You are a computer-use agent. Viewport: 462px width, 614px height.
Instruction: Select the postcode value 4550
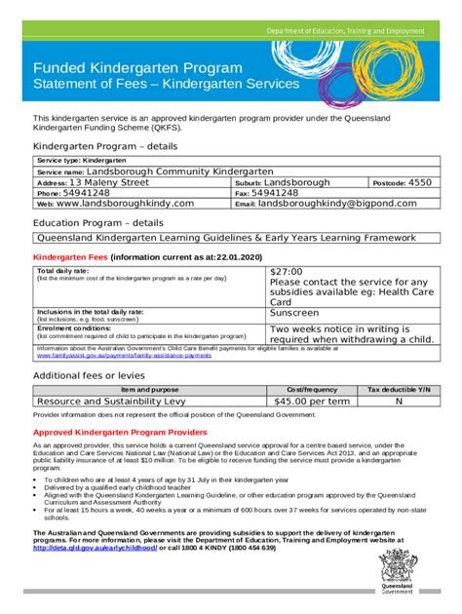tap(419, 181)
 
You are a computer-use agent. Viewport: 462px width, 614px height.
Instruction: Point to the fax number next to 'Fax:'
tap(282, 193)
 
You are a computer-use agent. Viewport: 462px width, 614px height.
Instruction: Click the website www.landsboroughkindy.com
tap(126, 204)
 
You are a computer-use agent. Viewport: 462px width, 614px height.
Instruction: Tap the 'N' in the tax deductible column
tap(398, 400)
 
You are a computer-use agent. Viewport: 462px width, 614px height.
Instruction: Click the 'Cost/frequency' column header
tap(311, 388)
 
